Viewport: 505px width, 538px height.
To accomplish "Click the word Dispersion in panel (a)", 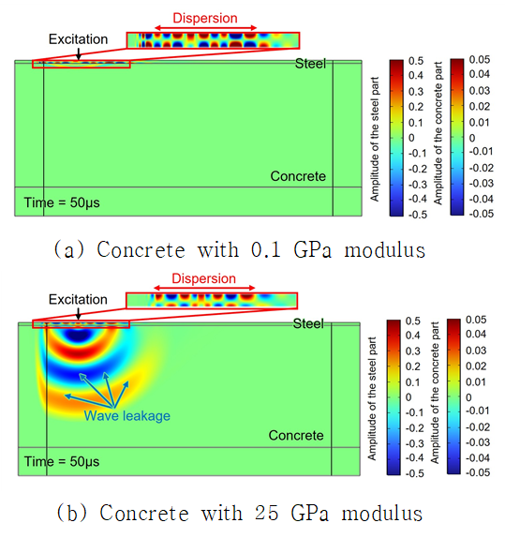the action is (205, 18).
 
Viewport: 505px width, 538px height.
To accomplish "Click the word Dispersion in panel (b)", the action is (204, 278).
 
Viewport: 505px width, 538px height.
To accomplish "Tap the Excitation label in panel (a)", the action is (78, 39).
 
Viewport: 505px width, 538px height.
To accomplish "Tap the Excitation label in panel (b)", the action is (78, 299).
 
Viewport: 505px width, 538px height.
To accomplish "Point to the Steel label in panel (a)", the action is (310, 64).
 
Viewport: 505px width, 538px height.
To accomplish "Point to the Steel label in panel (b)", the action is (308, 323).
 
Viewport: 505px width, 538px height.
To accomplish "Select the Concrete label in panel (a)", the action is (298, 176).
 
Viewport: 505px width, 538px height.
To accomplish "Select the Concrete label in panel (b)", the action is (296, 435).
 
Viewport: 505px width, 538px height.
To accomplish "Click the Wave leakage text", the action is (126, 415).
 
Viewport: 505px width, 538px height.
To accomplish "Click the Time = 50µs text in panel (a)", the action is (62, 202).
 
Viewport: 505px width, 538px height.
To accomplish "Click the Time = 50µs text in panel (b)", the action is (62, 461).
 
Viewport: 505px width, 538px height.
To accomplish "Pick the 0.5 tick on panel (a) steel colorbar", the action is (416, 61).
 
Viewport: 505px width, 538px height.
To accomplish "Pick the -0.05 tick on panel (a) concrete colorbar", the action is (481, 214).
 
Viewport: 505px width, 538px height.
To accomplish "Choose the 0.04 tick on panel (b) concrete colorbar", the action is (476, 334).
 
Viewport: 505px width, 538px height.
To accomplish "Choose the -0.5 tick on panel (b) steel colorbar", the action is (415, 473).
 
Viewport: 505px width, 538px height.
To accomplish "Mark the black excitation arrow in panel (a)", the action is (79, 53).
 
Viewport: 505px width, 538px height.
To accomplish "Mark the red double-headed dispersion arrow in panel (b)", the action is (204, 288).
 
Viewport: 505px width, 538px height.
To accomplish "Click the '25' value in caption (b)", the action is (266, 513).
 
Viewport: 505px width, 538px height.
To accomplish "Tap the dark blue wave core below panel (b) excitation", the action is (78, 335).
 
